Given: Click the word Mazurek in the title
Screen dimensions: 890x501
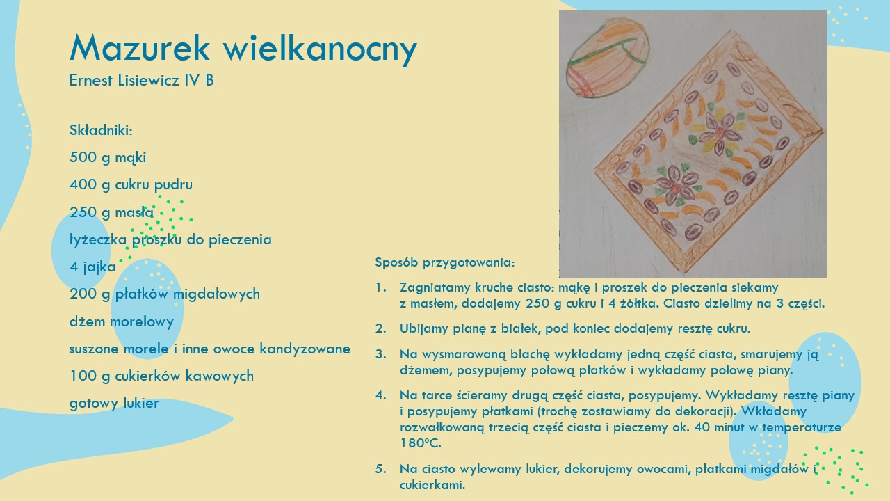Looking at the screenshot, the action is click(140, 49).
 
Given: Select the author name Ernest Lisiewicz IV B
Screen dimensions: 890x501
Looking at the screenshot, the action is click(141, 80).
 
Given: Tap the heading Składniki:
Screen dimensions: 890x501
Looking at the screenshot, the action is click(101, 130).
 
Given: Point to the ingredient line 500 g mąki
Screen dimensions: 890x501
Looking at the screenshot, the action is click(108, 158).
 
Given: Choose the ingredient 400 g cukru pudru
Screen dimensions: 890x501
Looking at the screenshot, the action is click(131, 185).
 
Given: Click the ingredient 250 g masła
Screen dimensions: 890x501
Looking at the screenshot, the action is click(112, 212).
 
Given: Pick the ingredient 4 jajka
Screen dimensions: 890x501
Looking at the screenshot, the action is click(92, 267).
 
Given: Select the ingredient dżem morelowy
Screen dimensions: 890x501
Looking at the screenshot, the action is click(122, 321).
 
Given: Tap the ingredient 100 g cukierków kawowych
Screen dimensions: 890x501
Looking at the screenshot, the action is click(162, 376).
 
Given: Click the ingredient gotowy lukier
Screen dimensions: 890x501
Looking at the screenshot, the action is click(114, 404).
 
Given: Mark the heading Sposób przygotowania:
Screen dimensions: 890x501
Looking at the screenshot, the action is click(445, 263).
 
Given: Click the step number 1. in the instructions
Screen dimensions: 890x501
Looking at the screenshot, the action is click(380, 287).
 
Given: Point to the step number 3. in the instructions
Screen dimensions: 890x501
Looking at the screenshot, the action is click(380, 354).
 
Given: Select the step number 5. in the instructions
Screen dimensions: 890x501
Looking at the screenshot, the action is click(380, 469).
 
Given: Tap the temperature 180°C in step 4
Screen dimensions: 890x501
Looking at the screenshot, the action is click(421, 443).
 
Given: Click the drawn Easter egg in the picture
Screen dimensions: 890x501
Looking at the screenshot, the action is click(608, 58).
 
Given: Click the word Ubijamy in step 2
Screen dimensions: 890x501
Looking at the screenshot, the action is click(424, 329).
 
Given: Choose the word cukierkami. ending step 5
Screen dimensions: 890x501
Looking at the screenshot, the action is click(432, 486).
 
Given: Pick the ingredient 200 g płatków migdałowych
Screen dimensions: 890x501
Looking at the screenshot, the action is click(165, 294).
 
